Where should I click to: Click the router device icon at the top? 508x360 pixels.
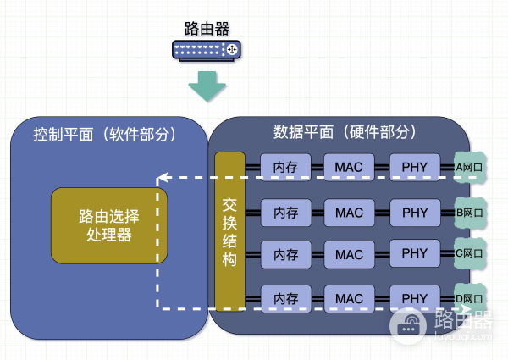[207, 50]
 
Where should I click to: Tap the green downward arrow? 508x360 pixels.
[207, 86]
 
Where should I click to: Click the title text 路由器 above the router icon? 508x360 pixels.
[207, 29]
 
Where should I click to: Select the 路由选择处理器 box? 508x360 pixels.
[109, 225]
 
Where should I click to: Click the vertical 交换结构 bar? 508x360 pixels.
[229, 232]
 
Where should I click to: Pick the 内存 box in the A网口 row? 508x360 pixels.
[285, 167]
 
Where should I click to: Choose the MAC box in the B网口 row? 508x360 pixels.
[349, 213]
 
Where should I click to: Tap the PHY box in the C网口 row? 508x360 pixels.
[415, 253]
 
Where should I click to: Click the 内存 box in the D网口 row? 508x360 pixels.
[286, 299]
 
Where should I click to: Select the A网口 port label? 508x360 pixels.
[469, 167]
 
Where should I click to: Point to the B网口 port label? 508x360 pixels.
[470, 213]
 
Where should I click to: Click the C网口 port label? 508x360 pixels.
[469, 253]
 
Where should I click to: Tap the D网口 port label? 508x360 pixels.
[469, 298]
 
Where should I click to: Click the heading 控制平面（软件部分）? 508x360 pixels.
[104, 134]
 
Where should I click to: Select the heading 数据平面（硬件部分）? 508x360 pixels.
[345, 132]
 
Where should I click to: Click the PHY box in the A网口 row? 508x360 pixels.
[415, 167]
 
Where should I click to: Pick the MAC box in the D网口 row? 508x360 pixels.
[349, 299]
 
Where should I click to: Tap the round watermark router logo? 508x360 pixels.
[408, 325]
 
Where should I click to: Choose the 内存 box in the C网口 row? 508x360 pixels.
[286, 255]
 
